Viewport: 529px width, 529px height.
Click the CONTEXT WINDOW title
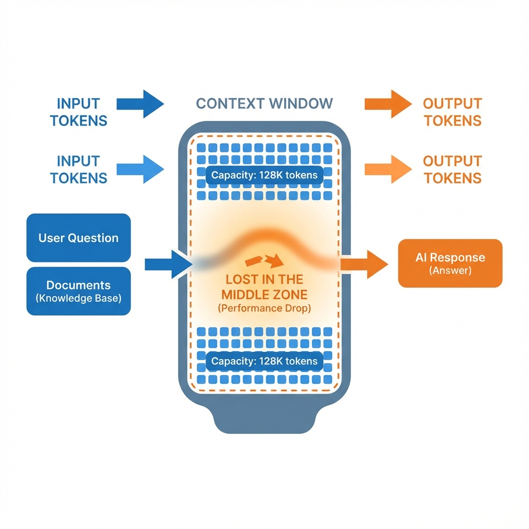[264, 103]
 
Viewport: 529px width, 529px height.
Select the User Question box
[79, 238]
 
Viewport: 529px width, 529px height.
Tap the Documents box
[79, 291]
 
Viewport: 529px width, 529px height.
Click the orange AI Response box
[450, 263]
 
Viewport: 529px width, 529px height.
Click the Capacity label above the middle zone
[264, 175]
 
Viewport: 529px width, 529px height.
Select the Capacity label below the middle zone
[264, 361]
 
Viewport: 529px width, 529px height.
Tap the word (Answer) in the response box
[450, 271]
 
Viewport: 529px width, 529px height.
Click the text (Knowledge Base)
[79, 298]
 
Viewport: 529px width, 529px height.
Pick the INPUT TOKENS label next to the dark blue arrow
[79, 112]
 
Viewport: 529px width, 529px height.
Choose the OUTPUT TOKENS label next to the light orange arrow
[452, 169]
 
